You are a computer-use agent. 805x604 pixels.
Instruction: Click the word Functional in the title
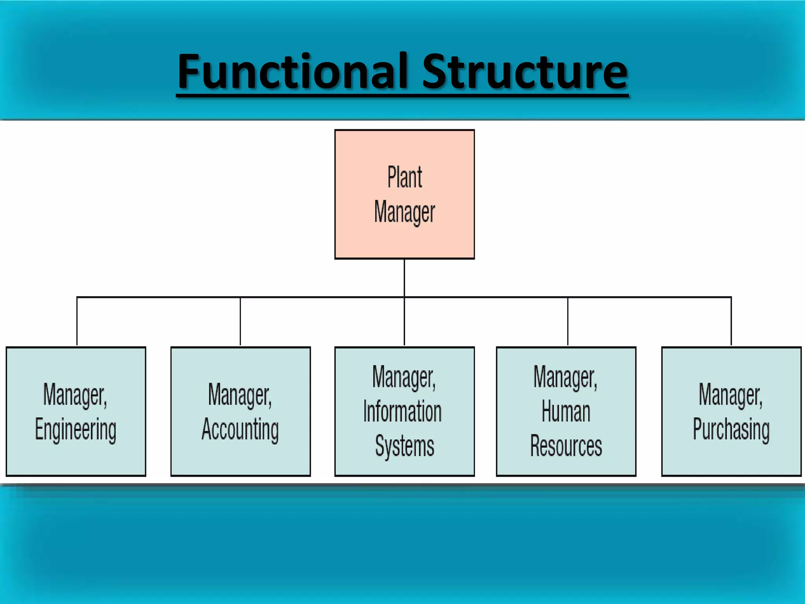295,72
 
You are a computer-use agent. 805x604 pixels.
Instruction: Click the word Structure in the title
525,72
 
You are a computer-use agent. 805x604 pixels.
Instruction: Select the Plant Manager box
404,194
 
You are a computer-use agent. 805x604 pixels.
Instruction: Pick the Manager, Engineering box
76,411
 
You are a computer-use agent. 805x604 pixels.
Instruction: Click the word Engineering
76,429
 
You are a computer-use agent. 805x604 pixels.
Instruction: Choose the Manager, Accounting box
241,411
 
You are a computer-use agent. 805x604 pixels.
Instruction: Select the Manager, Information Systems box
404,411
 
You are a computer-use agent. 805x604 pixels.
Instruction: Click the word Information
403,411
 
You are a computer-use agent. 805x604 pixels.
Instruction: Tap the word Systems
404,446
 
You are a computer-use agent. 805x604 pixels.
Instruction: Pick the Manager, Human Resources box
566,411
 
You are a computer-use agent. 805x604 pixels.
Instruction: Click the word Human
566,411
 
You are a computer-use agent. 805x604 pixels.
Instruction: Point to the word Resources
566,446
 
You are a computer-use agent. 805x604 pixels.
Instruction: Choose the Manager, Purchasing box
731,411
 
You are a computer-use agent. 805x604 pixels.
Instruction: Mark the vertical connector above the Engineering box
77,321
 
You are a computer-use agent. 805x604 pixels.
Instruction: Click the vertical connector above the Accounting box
240,321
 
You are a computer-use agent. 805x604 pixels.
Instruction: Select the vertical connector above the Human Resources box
568,321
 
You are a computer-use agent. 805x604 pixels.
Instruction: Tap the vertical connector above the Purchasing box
731,321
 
